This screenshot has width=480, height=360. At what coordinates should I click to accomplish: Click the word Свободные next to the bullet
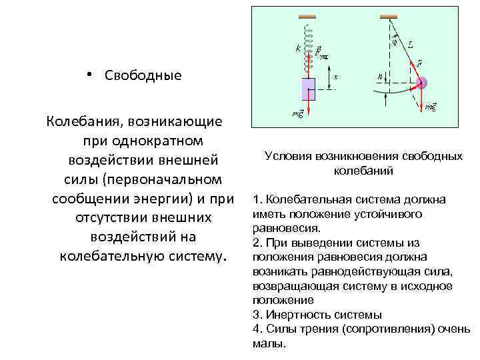(x=143, y=75)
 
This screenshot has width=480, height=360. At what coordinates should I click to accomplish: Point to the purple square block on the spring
(x=309, y=88)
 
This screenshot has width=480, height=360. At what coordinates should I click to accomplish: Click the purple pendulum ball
(x=421, y=83)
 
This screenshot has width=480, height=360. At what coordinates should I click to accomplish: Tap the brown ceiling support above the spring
(x=307, y=15)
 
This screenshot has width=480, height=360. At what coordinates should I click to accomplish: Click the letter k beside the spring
(x=297, y=47)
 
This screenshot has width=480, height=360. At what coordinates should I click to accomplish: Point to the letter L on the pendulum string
(x=411, y=45)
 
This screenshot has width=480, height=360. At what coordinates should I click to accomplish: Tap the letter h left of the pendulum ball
(x=380, y=77)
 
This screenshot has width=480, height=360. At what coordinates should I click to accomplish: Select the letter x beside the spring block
(x=335, y=77)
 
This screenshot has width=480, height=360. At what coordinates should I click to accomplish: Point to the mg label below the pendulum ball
(x=431, y=106)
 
